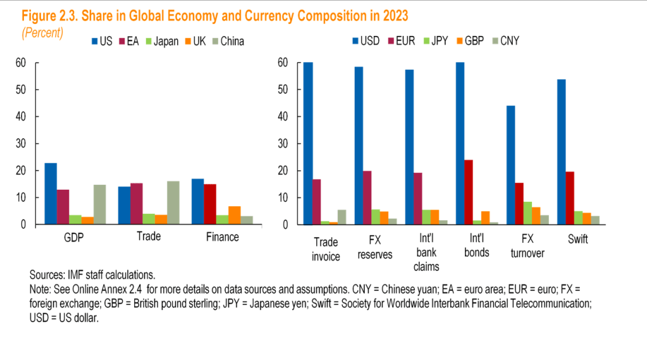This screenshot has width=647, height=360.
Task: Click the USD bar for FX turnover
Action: click(511, 165)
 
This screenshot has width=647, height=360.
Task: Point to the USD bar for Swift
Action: click(561, 152)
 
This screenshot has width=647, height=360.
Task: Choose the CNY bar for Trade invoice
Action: click(342, 217)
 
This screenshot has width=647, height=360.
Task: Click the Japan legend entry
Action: click(163, 42)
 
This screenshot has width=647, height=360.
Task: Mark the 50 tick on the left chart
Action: click(21, 90)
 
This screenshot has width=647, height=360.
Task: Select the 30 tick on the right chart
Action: click(285, 144)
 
